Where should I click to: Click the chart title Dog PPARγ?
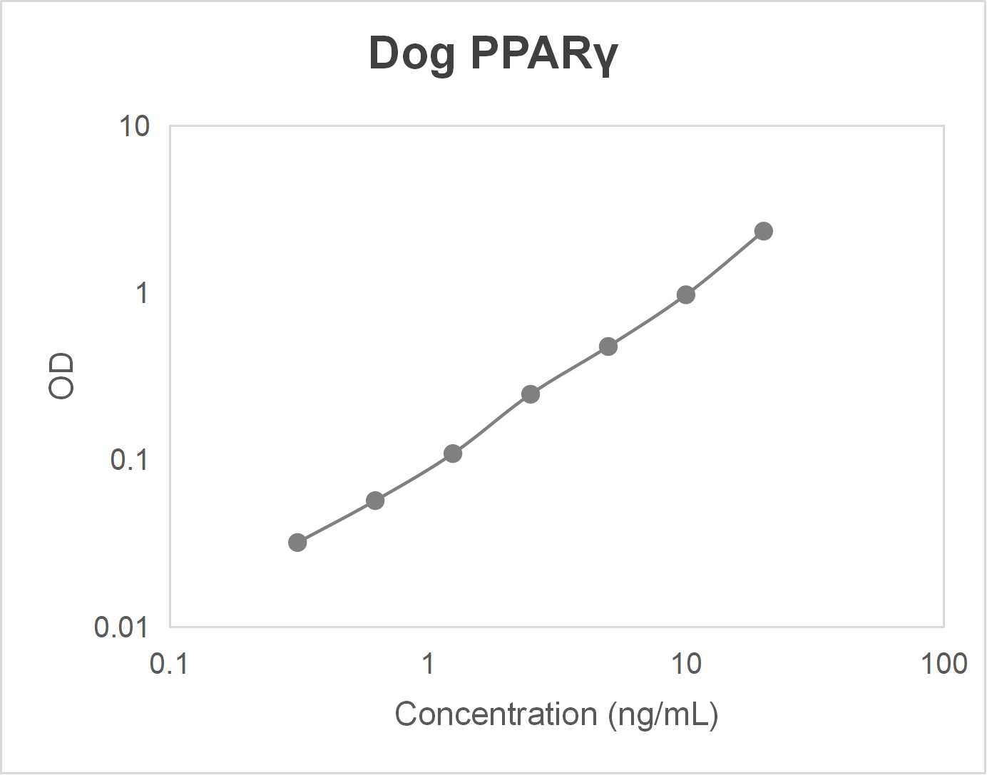493,53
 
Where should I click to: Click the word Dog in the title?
411,54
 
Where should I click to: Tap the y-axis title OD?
61,375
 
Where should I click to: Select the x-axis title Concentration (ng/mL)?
556,714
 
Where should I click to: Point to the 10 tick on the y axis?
134,126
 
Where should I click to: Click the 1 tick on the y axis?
142,293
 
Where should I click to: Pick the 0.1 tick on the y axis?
129,460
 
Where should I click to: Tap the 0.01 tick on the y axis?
121,627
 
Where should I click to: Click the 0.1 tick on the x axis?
169,664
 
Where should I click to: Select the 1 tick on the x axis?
428,664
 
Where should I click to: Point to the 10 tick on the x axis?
686,664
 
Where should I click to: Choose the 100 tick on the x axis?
943,664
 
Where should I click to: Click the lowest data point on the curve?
297,543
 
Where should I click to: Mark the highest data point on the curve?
764,231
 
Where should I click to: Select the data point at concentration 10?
686,294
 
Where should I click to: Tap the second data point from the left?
375,501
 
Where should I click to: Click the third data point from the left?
453,453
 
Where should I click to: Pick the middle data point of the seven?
531,394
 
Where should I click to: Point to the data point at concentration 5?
608,347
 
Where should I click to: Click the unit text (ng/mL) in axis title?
663,714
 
